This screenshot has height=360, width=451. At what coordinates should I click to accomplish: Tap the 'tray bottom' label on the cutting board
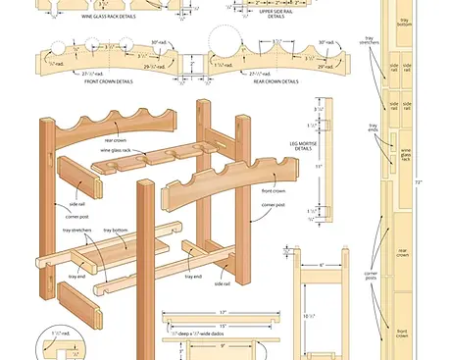[404, 22]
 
